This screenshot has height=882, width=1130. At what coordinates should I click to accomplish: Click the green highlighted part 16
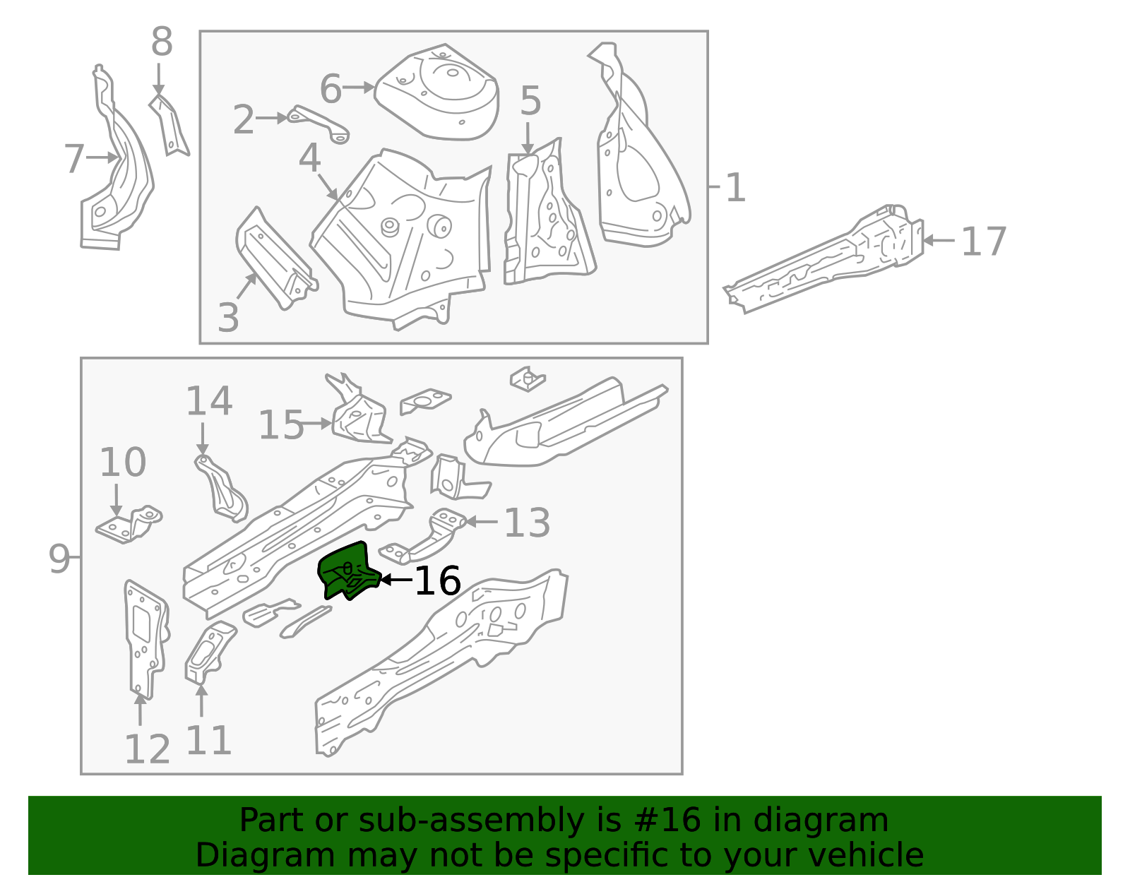coord(347,571)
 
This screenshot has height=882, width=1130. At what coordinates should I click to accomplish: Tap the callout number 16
coord(437,580)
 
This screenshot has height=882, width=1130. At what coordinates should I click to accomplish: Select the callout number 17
coord(983,242)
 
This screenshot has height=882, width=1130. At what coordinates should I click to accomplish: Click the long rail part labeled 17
coord(826,261)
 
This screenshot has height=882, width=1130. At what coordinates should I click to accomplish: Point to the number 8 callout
coord(162,42)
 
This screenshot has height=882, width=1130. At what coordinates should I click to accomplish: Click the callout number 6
coord(331,89)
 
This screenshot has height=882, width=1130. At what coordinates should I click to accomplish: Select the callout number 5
coord(530,101)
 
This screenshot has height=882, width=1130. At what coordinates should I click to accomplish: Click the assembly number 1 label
coord(735,188)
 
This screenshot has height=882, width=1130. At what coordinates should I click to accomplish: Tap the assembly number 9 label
coord(59,559)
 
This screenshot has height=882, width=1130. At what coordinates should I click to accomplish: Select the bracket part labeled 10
coord(129,525)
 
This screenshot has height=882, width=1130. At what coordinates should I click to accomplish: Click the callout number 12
coord(147,749)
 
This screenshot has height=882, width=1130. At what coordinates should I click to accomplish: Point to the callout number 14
coord(208,401)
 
